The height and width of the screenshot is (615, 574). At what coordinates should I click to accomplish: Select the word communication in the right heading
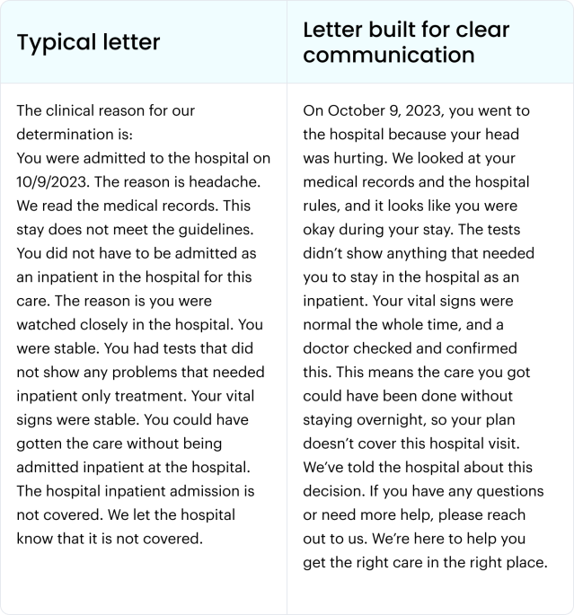click(x=388, y=55)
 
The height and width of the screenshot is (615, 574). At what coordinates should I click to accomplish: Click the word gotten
click(x=42, y=444)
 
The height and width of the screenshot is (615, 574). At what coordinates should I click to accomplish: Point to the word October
click(x=361, y=111)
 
